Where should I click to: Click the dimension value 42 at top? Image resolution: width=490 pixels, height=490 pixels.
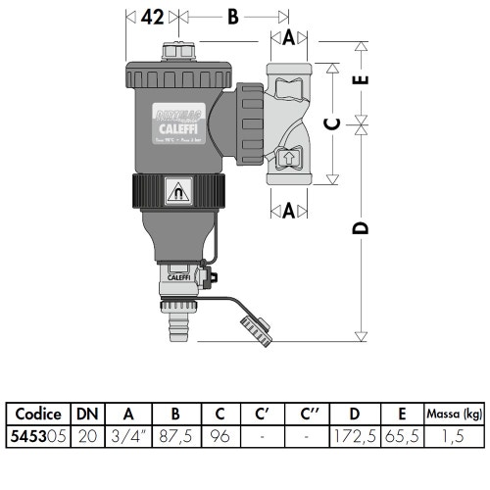152,17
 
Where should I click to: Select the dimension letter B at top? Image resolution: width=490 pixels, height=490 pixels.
232,17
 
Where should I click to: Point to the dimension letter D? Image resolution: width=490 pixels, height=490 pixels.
361,228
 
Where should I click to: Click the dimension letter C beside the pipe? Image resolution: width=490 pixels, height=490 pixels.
334,124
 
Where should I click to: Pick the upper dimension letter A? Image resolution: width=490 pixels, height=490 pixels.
288,38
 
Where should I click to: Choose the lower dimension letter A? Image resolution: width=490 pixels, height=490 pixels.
288,208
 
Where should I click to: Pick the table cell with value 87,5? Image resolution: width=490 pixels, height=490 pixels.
173,435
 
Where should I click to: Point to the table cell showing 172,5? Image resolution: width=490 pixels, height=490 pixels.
356,435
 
